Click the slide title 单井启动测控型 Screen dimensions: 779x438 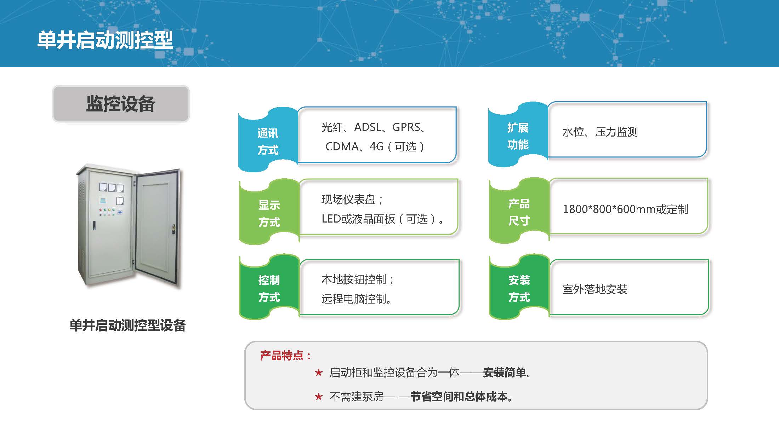click(105, 40)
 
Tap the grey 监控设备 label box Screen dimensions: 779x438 click(121, 104)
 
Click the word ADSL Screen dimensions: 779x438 click(368, 127)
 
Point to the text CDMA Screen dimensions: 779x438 click(342, 146)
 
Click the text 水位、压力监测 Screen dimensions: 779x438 click(600, 132)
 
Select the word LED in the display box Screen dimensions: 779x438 click(331, 219)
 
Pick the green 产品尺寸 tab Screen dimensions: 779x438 click(519, 212)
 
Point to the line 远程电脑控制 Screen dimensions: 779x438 click(356, 299)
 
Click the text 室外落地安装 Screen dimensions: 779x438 click(595, 289)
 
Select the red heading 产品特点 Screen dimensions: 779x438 click(285, 356)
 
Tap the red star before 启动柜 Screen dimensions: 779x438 click(319, 373)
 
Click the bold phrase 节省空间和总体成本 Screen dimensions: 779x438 click(459, 397)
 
